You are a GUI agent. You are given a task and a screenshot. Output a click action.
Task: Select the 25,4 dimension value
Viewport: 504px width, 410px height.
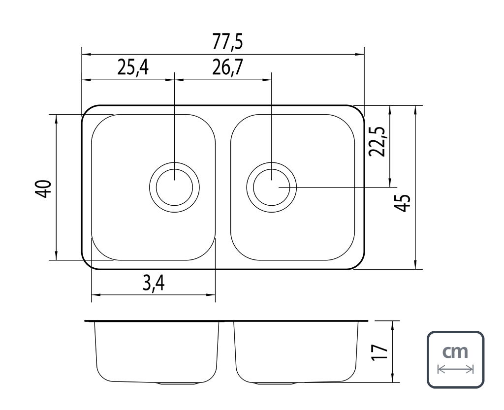click(133, 67)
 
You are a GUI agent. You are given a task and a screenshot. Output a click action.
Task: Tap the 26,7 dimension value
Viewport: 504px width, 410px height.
click(227, 67)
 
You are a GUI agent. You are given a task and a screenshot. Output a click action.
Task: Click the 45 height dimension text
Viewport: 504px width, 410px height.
click(403, 202)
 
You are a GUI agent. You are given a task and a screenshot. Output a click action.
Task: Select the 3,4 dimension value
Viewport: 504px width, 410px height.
click(154, 284)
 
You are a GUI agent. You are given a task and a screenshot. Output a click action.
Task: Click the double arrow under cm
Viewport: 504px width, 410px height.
click(455, 369)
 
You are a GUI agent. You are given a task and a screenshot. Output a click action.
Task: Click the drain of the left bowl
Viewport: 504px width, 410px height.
click(175, 187)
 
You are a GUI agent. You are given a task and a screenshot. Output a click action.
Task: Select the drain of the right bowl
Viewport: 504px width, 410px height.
click(272, 187)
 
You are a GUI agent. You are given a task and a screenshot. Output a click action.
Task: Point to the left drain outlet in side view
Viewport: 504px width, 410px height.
click(178, 382)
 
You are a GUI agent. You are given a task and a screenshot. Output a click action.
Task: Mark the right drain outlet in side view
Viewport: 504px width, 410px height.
click(275, 382)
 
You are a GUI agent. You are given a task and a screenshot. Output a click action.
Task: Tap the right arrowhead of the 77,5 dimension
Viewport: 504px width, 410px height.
click(361, 54)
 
